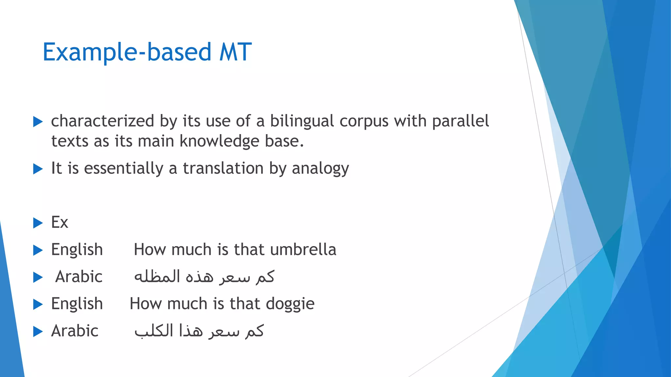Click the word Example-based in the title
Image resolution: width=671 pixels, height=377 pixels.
pyautogui.click(x=127, y=52)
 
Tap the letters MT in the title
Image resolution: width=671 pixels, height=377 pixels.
pyautogui.click(x=235, y=52)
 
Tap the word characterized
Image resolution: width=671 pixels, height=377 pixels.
pyautogui.click(x=103, y=121)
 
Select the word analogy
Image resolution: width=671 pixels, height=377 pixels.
pyautogui.click(x=320, y=169)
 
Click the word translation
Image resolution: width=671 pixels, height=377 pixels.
pyautogui.click(x=223, y=168)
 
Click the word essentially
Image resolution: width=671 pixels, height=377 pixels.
pyautogui.click(x=124, y=168)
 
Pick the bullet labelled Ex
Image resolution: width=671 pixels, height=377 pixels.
pyautogui.click(x=60, y=223)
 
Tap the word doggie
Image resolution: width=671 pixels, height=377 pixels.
pyautogui.click(x=290, y=304)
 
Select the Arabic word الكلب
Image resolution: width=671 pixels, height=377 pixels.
pyautogui.click(x=154, y=331)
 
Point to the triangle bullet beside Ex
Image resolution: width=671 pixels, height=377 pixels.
pyautogui.click(x=38, y=223)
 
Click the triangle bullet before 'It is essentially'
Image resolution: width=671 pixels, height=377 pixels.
pyautogui.click(x=38, y=169)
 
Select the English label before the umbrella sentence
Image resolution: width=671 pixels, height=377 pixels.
pyautogui.click(x=77, y=250)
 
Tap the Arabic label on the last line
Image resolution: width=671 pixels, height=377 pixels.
pyautogui.click(x=75, y=331)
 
